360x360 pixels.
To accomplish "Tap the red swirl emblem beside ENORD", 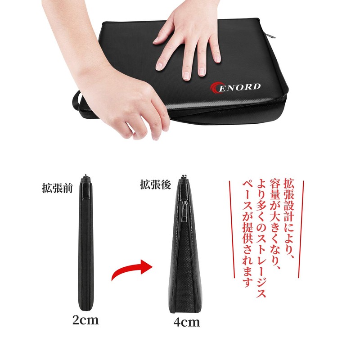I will (216, 87).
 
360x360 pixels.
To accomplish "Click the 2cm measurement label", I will (85, 320).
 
